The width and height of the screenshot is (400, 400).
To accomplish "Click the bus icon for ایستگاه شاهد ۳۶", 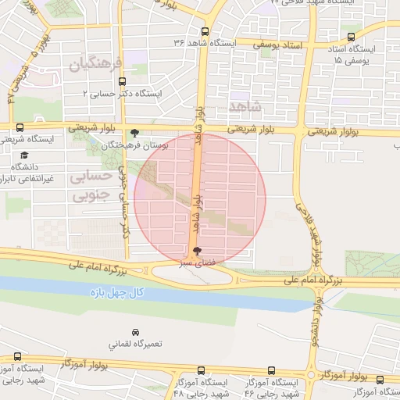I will pos(205,32).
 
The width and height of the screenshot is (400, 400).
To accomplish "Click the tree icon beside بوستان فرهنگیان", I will pos(136,133).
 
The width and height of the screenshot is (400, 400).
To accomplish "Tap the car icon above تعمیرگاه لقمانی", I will pos(136,332).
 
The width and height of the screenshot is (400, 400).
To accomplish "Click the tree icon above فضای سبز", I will pos(195,252).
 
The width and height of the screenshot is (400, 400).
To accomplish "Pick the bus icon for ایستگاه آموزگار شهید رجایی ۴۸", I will pos(202,370).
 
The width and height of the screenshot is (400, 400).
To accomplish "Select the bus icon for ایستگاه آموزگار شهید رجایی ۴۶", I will pos(270,370).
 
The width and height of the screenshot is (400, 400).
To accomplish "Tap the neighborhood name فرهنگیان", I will pos(97,64).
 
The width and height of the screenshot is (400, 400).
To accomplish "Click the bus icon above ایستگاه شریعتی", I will pos(20,127).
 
